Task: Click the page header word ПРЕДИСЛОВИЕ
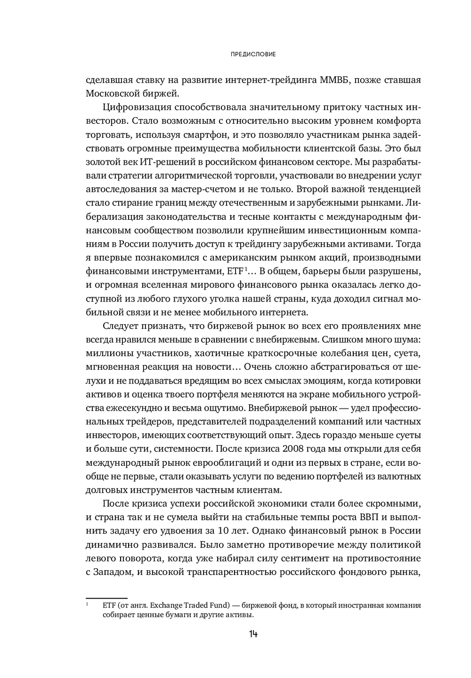pos(253,55)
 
